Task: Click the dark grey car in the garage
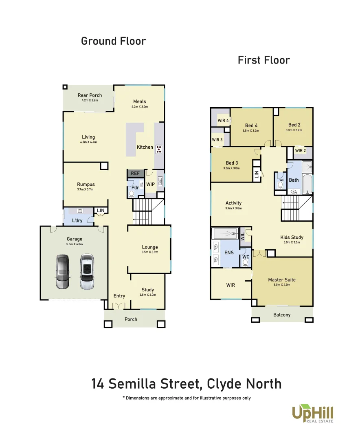tap(62, 272)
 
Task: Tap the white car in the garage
tap(87, 272)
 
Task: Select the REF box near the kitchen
tap(135, 174)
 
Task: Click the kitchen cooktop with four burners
tap(158, 149)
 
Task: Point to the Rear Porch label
tap(90, 95)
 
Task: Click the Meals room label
tap(139, 101)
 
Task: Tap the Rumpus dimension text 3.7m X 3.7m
tap(86, 189)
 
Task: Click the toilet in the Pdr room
tap(131, 194)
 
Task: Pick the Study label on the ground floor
tap(147, 290)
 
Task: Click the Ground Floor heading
tap(113, 41)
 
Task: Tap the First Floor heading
tap(263, 60)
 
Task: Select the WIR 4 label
tap(223, 121)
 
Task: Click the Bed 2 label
tap(294, 125)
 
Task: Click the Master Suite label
tap(282, 280)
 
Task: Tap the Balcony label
tap(282, 315)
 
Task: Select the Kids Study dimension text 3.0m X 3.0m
tap(292, 242)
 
